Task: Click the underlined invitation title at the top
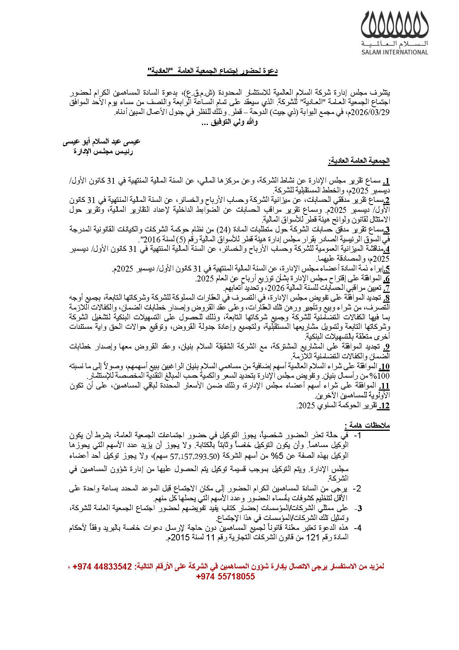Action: [213, 71]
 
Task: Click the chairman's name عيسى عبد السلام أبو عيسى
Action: [102, 142]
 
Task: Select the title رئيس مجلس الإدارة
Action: [103, 151]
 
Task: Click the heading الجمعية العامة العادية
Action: [359, 161]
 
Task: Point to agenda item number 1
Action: [386, 182]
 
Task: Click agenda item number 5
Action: [387, 270]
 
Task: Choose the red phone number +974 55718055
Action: [225, 577]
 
